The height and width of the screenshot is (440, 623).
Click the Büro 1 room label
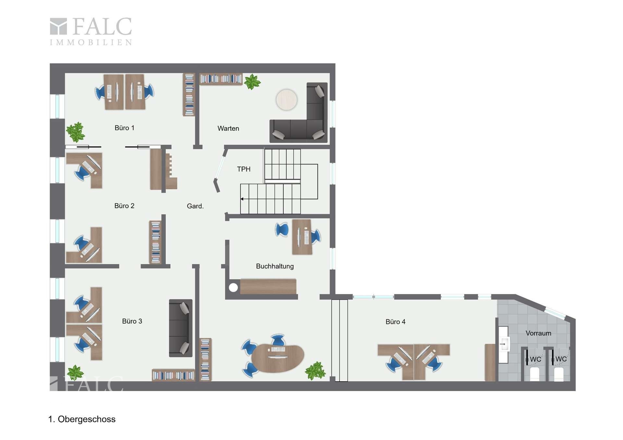click(x=124, y=128)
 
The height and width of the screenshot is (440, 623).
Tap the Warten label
click(x=228, y=128)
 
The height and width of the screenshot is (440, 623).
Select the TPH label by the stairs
click(x=244, y=169)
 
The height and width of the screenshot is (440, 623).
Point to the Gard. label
click(x=195, y=206)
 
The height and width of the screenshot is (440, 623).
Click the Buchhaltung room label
click(x=275, y=266)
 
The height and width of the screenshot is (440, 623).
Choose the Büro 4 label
click(x=395, y=322)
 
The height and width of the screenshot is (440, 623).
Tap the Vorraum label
click(x=538, y=333)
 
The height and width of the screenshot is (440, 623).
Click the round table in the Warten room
click(x=287, y=100)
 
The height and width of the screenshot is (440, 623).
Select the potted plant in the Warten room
click(x=252, y=81)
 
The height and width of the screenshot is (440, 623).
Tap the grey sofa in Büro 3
click(x=181, y=328)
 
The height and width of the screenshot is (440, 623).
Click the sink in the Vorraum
click(x=504, y=344)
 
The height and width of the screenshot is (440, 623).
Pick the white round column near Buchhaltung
click(x=233, y=287)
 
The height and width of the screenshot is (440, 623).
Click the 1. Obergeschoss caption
click(x=82, y=419)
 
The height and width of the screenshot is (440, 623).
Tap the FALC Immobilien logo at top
click(x=91, y=31)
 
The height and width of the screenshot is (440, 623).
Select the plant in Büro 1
click(x=76, y=132)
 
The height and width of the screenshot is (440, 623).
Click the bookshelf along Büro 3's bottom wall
click(x=174, y=375)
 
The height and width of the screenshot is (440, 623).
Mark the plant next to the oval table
click(x=315, y=371)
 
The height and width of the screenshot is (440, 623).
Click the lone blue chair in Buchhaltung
click(x=282, y=230)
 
